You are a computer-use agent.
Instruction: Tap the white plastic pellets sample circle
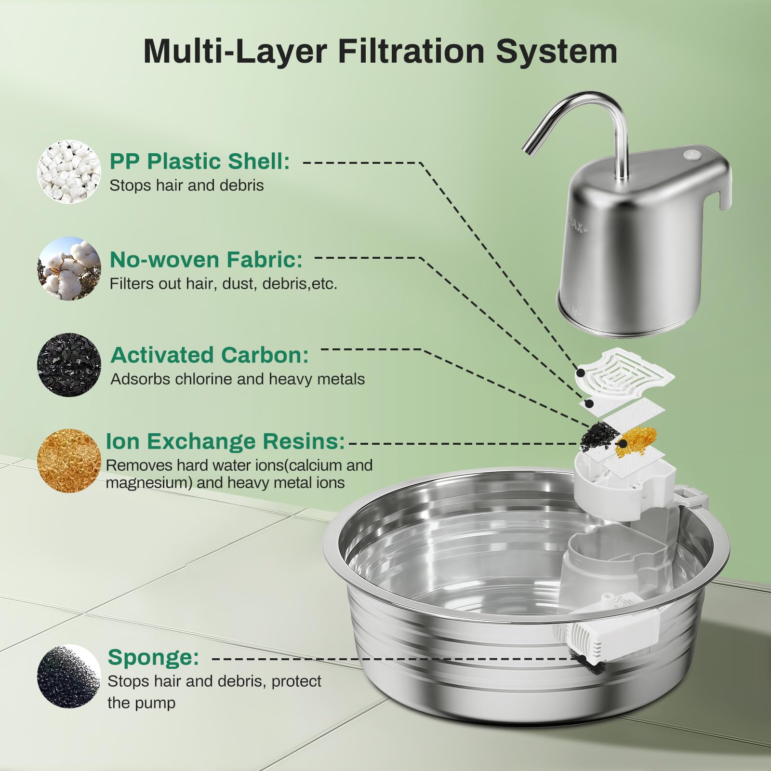69,172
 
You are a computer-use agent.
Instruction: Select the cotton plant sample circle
69,268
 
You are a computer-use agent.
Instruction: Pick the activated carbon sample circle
69,365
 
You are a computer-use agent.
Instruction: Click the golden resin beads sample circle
69,460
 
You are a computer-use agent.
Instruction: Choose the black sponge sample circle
69,676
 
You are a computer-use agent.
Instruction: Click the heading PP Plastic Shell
199,161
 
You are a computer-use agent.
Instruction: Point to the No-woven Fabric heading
206,260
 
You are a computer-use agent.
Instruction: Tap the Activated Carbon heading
209,355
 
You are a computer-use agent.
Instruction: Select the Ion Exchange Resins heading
225,441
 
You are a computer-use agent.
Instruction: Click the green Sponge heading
153,657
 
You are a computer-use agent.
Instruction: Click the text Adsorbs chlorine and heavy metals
237,379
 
